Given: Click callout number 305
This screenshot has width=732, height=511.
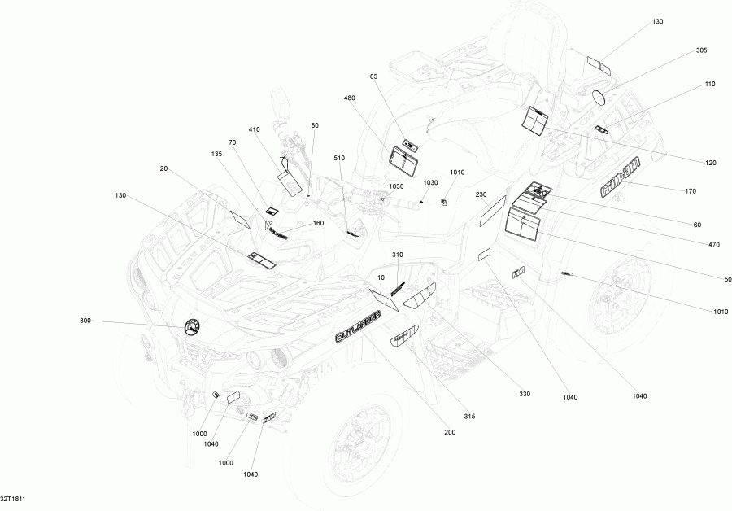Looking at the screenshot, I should click(701, 50).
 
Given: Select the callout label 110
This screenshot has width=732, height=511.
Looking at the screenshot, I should click(710, 84).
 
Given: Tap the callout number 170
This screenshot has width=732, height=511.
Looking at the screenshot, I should click(691, 192).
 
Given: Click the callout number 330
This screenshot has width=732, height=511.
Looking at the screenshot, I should click(525, 394).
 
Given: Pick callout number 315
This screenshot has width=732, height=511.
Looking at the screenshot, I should click(469, 416).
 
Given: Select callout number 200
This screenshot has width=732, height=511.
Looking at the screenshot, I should click(450, 432).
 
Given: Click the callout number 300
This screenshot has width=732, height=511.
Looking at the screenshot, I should click(85, 321).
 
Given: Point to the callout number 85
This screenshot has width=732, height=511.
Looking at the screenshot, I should click(374, 76).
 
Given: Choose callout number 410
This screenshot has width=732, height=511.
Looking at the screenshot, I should click(255, 129).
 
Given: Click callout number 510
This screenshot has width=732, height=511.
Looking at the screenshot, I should click(339, 158).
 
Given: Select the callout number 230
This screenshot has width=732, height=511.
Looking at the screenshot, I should click(481, 194).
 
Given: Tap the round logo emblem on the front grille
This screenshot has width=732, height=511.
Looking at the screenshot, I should click(193, 327).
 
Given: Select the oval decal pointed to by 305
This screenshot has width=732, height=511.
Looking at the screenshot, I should click(600, 98).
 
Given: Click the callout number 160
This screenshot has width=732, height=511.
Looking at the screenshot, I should click(318, 223).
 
